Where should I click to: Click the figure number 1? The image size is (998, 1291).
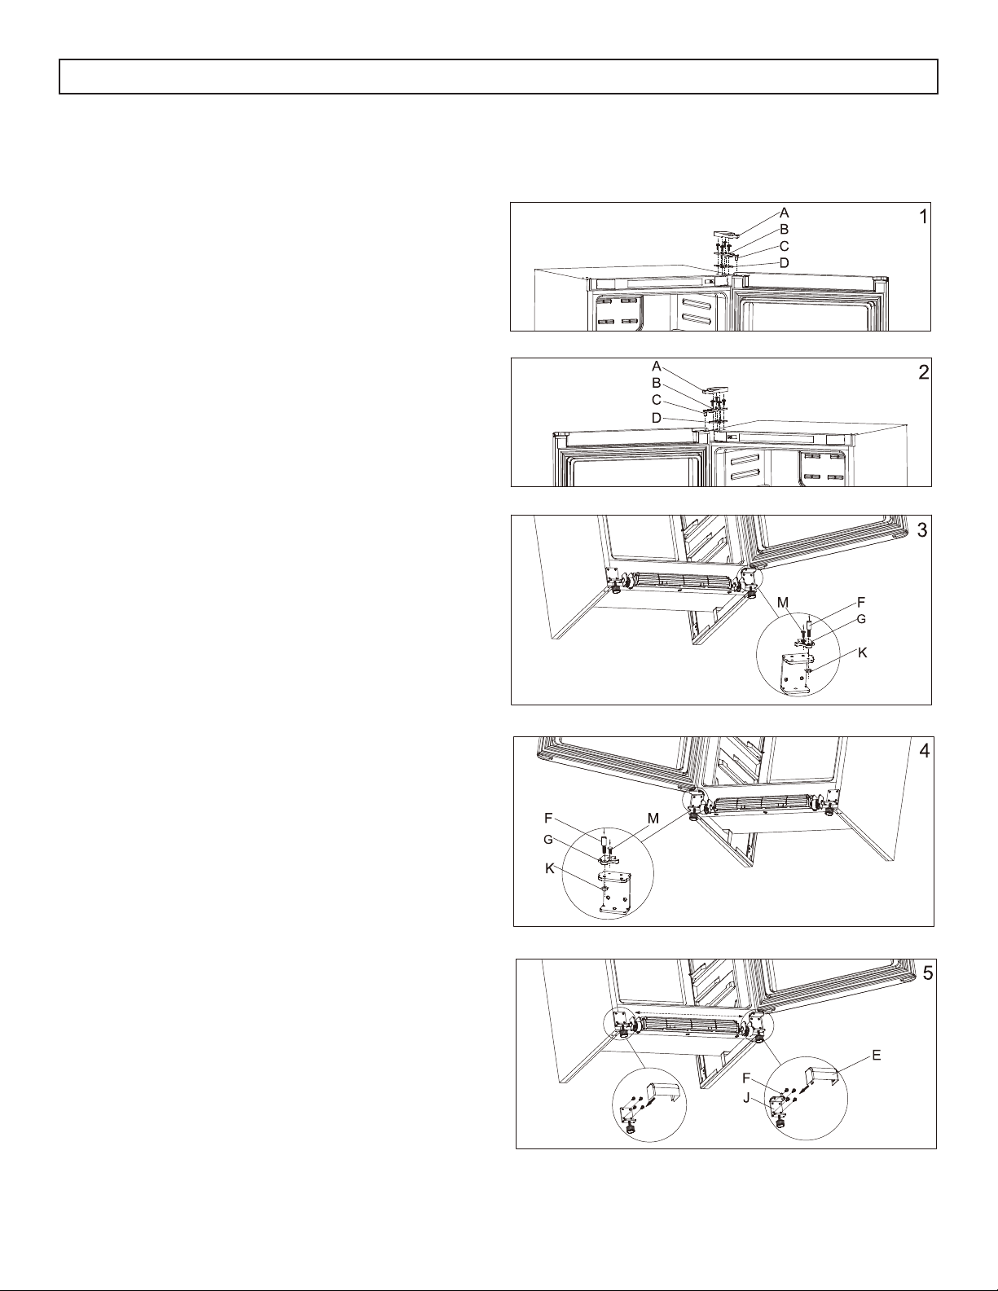[x=923, y=217]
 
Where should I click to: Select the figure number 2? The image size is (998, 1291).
[x=924, y=373]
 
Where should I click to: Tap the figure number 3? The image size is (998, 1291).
[x=922, y=530]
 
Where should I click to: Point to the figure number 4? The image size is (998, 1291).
[x=925, y=752]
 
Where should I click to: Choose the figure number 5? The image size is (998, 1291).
[x=928, y=973]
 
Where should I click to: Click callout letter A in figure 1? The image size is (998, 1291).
[x=784, y=213]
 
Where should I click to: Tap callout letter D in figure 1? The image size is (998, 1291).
[x=784, y=262]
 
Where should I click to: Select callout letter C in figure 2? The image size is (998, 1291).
[x=657, y=401]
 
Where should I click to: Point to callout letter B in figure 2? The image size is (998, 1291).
[x=657, y=384]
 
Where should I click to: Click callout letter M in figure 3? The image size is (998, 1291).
[x=783, y=603]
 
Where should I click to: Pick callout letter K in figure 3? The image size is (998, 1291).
[x=863, y=652]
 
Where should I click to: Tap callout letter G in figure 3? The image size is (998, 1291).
[x=861, y=619]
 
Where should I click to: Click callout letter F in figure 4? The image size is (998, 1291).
[x=548, y=819]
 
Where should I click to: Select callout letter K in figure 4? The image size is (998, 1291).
[x=550, y=868]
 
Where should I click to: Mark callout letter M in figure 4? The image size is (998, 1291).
[x=653, y=819]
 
